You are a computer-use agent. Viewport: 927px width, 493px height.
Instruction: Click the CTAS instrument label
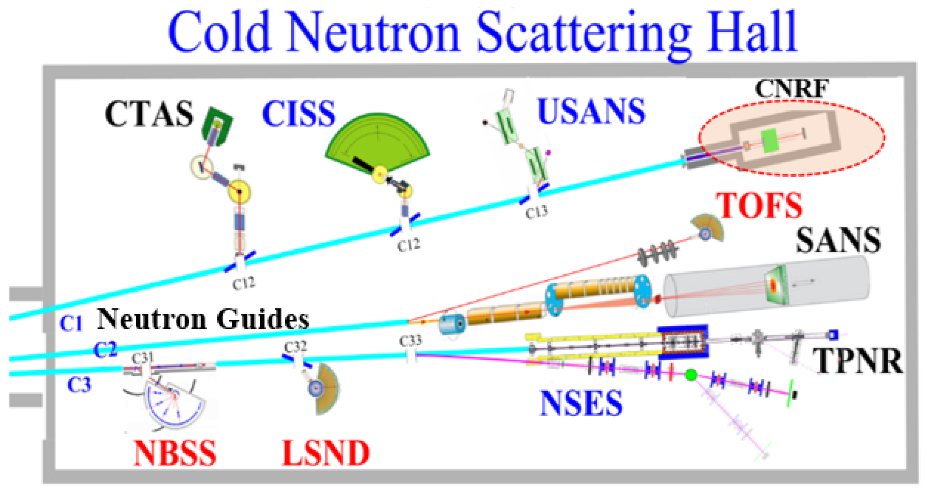149,114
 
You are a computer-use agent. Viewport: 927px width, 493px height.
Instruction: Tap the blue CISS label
299,114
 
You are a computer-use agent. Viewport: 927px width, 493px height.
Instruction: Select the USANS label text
591,111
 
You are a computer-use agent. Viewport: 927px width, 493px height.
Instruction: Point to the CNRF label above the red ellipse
791,89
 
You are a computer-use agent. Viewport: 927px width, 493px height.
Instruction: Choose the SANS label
838,240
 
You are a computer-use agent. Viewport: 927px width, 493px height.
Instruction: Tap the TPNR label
858,361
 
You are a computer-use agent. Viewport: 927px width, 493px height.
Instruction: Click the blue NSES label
581,403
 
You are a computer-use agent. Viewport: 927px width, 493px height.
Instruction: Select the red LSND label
326,453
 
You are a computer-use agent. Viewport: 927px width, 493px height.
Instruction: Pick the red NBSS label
175,453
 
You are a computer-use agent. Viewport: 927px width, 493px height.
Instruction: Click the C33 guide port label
410,341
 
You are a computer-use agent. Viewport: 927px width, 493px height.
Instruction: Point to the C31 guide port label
143,358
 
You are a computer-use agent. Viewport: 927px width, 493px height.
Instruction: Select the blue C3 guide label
79,385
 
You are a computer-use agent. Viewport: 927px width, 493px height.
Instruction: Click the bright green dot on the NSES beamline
691,375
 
